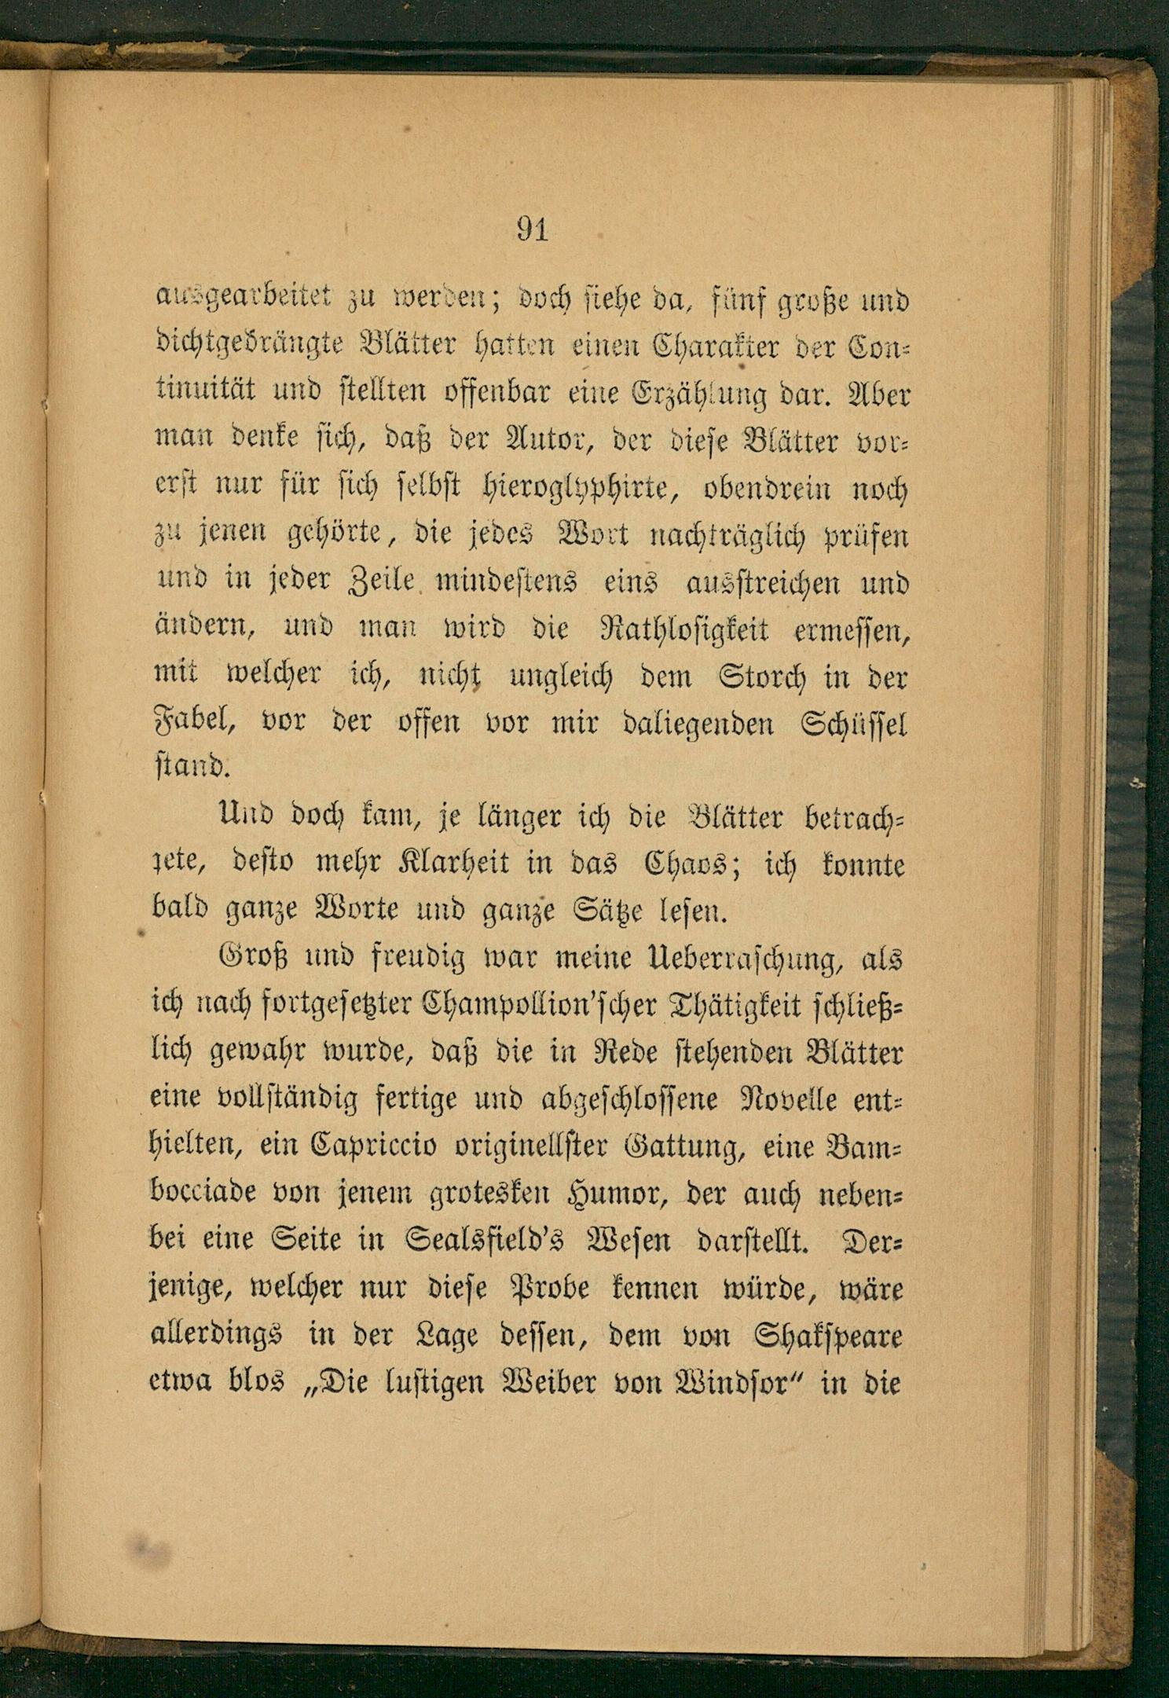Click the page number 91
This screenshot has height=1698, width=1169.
(x=532, y=231)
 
